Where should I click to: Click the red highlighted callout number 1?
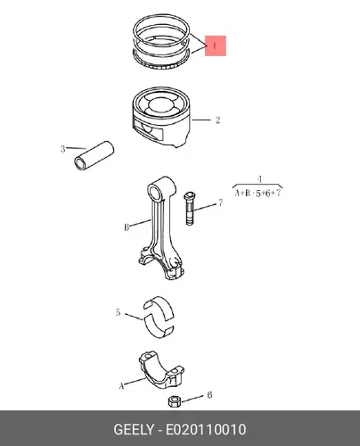pos(216,45)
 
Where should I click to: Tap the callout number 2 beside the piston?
pos(217,120)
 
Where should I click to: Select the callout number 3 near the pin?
pos(62,149)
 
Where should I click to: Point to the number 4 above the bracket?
pos(260,179)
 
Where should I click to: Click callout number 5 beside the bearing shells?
pos(118,312)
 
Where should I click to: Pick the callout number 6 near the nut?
pos(209,395)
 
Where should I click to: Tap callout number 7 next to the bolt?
pos(220,202)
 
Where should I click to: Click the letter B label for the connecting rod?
pos(127,227)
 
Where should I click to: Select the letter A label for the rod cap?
pos(121,386)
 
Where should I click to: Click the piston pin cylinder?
pos(94,155)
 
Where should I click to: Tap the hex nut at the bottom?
pos(173,401)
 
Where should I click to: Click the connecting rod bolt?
pos(189,209)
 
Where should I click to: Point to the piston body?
pos(161,118)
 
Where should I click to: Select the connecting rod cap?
pos(161,370)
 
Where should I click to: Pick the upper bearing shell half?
pos(159,306)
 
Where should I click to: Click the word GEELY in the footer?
pos(134,430)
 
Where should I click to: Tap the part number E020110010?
pos(206,430)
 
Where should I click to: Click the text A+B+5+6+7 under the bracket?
pos(258,194)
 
